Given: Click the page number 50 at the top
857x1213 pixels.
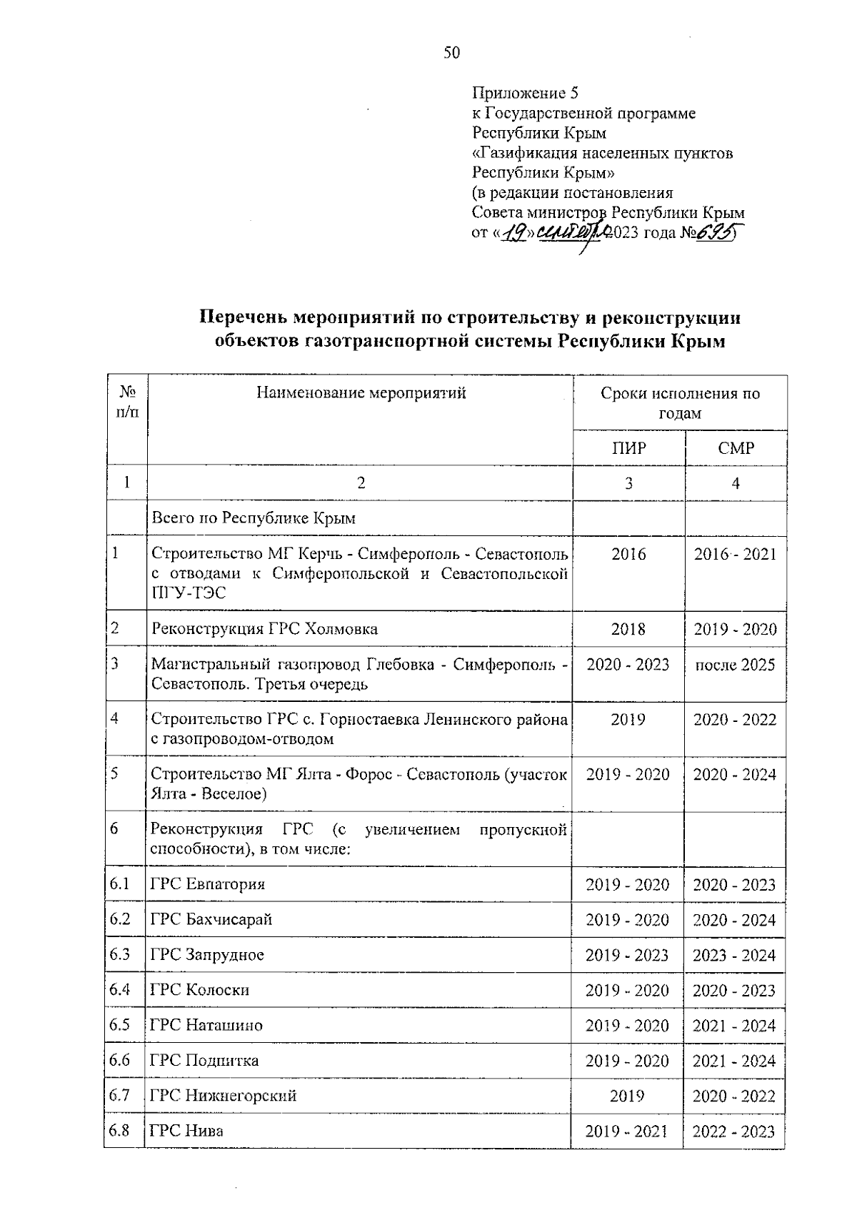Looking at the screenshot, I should (x=451, y=52).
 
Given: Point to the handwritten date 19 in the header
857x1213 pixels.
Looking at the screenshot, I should (x=514, y=232).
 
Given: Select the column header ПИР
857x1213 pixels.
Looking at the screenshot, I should (x=628, y=448).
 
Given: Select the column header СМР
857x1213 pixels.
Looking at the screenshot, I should (x=736, y=448).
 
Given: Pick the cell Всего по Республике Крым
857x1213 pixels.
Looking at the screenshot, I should (x=254, y=518).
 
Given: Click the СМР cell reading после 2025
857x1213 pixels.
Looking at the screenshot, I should (x=735, y=665).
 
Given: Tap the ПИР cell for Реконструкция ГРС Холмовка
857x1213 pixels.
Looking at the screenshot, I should (x=628, y=629).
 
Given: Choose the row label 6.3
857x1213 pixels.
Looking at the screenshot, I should (x=119, y=954).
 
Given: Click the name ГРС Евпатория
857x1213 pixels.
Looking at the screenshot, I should (x=208, y=884).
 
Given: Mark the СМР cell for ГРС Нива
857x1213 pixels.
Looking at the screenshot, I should (x=733, y=1132).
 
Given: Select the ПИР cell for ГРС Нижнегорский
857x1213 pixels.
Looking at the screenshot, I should (x=627, y=1096).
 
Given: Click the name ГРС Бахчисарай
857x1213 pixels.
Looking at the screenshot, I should (x=211, y=919).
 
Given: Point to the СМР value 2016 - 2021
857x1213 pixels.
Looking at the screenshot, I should (x=735, y=554).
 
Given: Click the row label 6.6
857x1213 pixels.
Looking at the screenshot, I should (x=119, y=1060).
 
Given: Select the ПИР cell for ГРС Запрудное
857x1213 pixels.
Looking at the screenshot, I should (x=627, y=955).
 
